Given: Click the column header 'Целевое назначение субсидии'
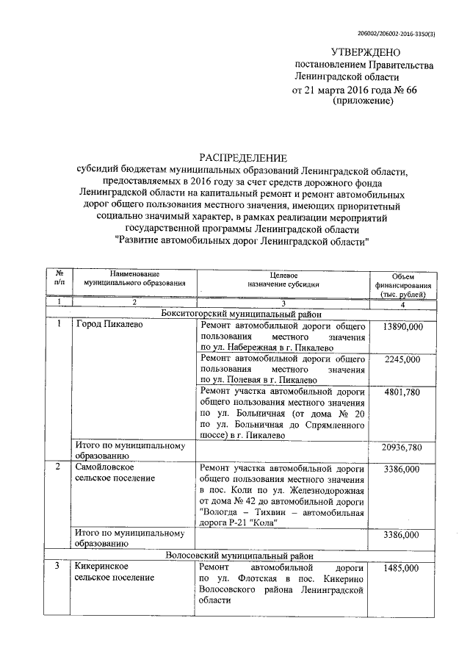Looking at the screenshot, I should (x=283, y=278).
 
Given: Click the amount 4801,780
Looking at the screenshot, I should (x=403, y=392).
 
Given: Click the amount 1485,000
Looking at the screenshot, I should (x=403, y=569).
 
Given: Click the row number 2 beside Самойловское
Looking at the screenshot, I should (x=59, y=467).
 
